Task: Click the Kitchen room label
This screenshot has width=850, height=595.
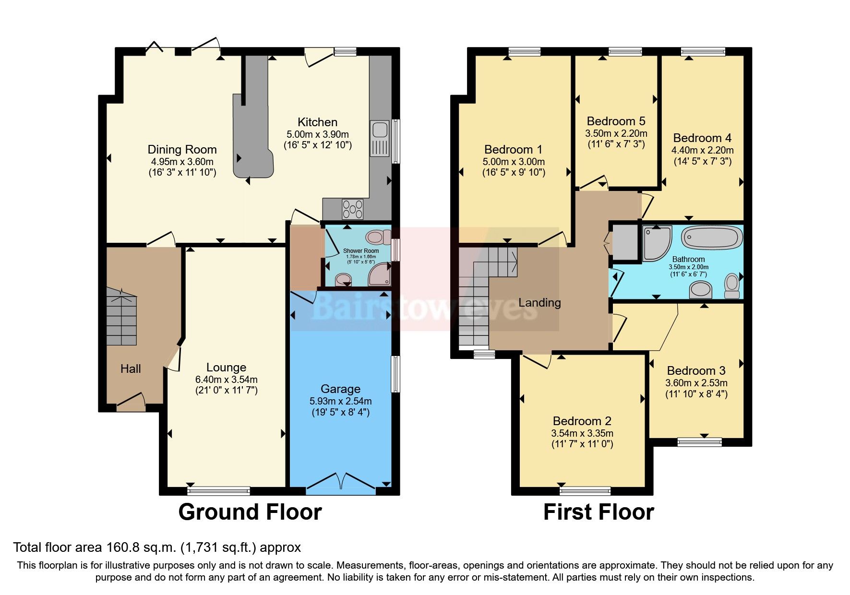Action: point(317,122)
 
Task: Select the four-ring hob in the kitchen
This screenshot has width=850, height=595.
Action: point(352,209)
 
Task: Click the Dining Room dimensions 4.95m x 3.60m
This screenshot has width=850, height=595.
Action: point(182,162)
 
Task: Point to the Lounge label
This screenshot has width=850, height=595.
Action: point(226,368)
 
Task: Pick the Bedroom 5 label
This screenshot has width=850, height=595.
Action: point(616,121)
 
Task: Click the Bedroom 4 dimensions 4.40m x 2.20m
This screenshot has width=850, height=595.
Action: point(702,150)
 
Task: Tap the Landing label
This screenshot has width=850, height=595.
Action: point(539,303)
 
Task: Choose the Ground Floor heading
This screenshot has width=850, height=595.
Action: point(250,512)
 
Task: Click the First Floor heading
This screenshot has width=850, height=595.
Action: point(598,512)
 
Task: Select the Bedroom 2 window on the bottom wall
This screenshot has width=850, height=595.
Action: point(585,491)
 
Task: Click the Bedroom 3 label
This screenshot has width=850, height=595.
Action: point(696,371)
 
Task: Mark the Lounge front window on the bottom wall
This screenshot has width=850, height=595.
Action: point(218,491)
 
